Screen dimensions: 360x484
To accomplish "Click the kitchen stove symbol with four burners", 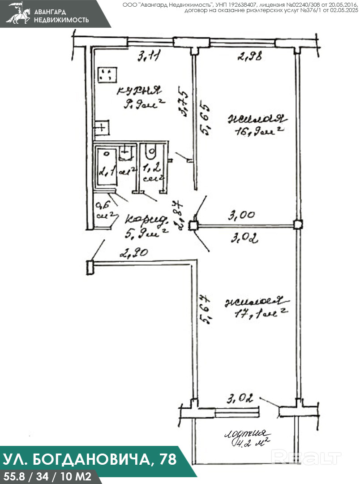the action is [x=107, y=75].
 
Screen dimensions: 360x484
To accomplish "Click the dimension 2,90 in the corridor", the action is [x=133, y=253].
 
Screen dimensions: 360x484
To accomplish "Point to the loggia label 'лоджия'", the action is [x=246, y=434].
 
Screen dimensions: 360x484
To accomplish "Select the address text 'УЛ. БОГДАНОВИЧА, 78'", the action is [x=90, y=459].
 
